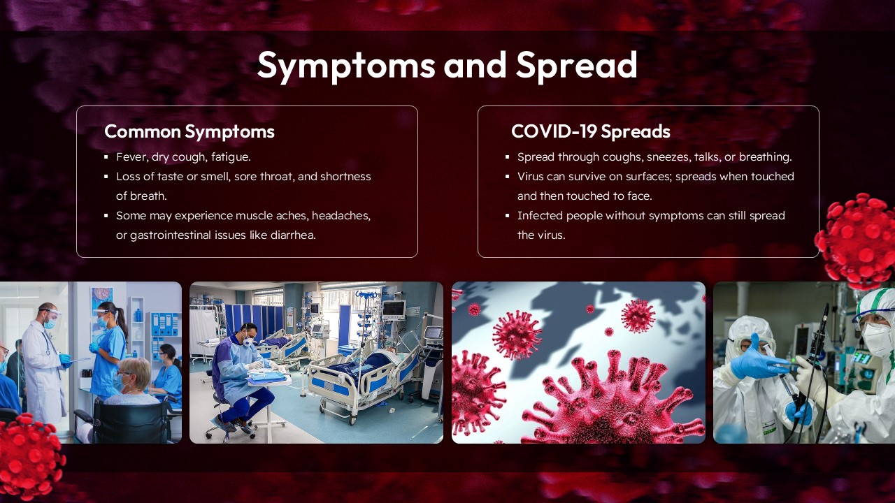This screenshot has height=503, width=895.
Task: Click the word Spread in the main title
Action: click(577, 66)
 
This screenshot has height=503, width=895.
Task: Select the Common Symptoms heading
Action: click(189, 131)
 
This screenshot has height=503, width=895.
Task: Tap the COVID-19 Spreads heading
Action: click(590, 131)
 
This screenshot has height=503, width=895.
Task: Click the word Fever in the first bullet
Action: click(131, 157)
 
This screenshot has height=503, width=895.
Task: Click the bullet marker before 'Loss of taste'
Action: click(106, 177)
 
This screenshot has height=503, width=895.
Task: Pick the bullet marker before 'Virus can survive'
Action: click(508, 177)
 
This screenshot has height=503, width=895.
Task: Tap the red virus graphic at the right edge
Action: click(859, 240)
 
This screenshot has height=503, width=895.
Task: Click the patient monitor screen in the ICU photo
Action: click(393, 309)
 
